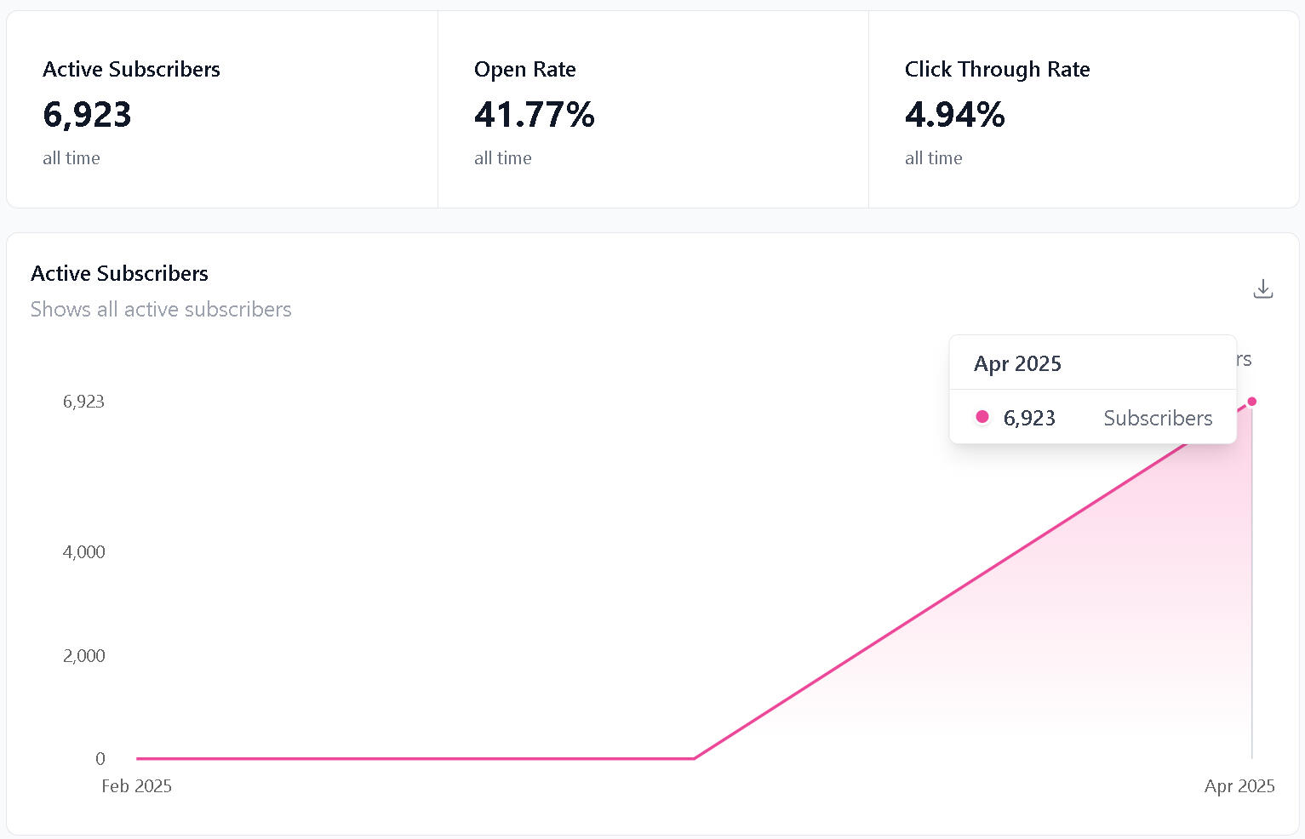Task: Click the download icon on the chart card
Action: click(x=1263, y=289)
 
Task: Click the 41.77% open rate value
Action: click(x=534, y=115)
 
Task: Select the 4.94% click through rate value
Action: click(x=954, y=115)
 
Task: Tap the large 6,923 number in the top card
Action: click(x=87, y=115)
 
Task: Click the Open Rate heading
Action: click(x=524, y=69)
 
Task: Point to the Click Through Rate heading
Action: click(x=997, y=69)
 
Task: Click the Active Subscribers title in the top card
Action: click(x=131, y=69)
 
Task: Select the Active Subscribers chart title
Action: click(x=119, y=273)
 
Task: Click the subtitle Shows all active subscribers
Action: click(x=161, y=309)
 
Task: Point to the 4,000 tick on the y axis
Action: click(x=84, y=551)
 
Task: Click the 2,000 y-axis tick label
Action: click(x=84, y=655)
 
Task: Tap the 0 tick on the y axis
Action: click(x=100, y=758)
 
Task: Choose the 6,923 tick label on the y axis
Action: click(x=83, y=402)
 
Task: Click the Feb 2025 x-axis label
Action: click(x=136, y=786)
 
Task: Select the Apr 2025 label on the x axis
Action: click(x=1239, y=786)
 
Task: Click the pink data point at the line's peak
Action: click(x=1251, y=402)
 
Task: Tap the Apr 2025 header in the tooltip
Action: click(x=1017, y=364)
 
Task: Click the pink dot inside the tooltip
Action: click(x=982, y=417)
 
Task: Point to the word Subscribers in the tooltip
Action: click(x=1158, y=418)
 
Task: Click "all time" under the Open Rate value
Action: click(x=502, y=158)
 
